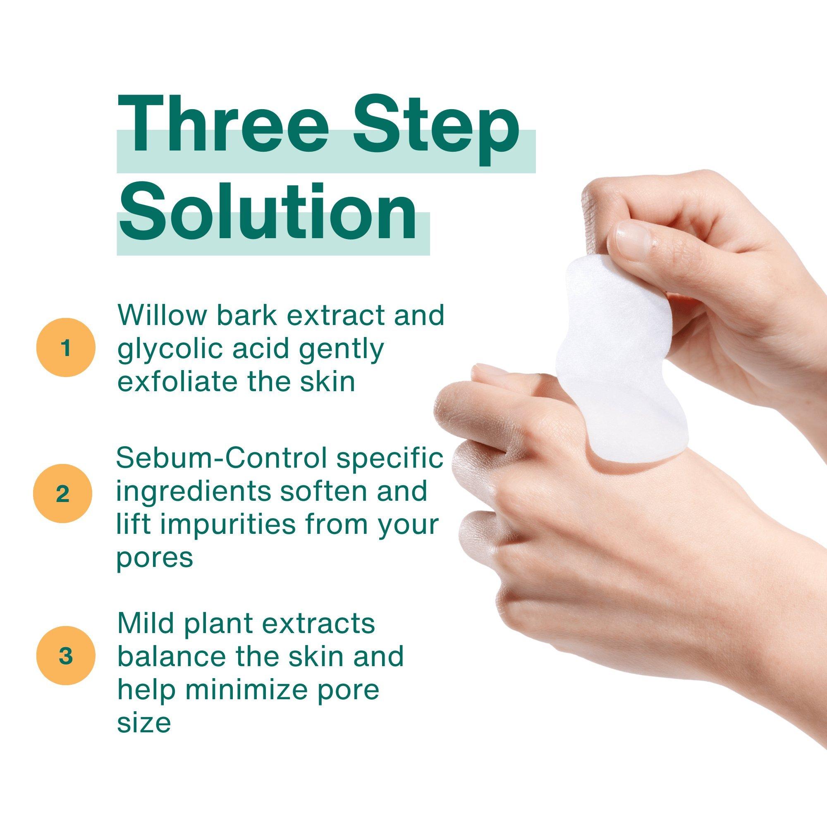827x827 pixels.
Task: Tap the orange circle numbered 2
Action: [62, 495]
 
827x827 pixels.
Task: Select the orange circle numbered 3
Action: [65, 657]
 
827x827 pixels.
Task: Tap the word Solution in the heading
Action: [268, 209]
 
